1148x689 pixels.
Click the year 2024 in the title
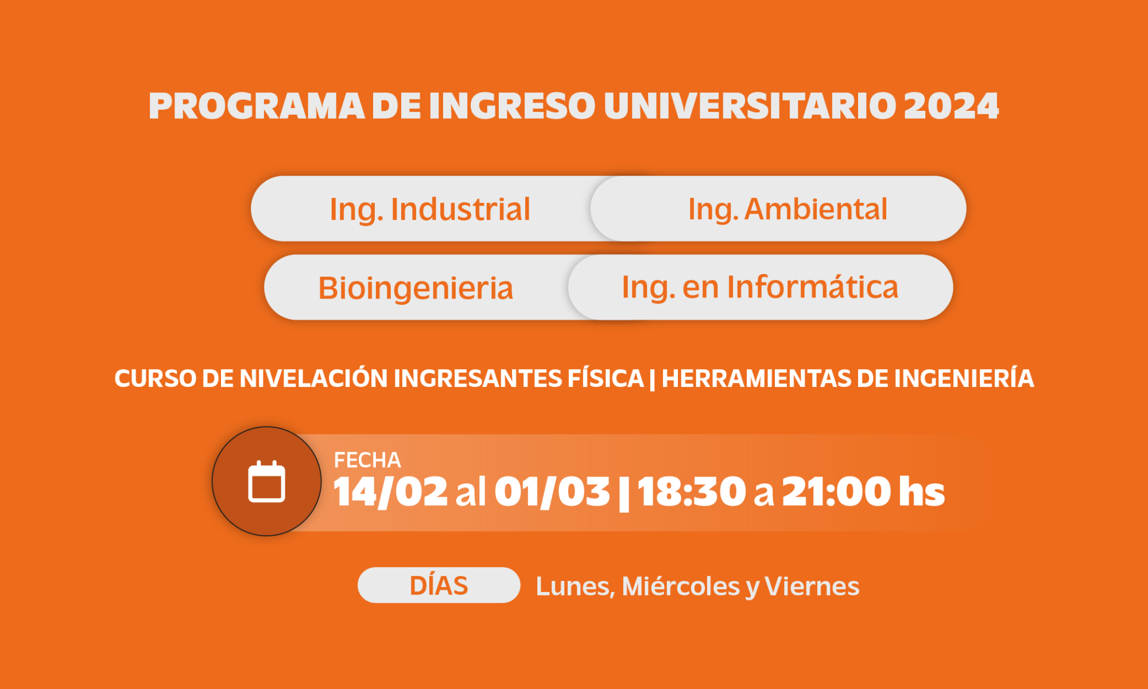951,106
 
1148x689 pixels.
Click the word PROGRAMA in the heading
257,106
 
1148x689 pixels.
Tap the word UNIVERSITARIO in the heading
750,106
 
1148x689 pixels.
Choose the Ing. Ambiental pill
778,208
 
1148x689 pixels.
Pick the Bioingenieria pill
416,287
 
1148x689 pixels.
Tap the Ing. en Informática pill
761,287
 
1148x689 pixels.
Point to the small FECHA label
367,460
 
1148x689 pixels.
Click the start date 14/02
390,492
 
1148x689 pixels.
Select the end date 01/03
552,492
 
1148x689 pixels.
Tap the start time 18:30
692,492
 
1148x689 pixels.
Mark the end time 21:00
837,492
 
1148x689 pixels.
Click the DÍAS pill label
439,585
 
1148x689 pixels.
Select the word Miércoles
681,586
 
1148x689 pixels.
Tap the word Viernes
812,586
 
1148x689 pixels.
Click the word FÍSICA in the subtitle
606,378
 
